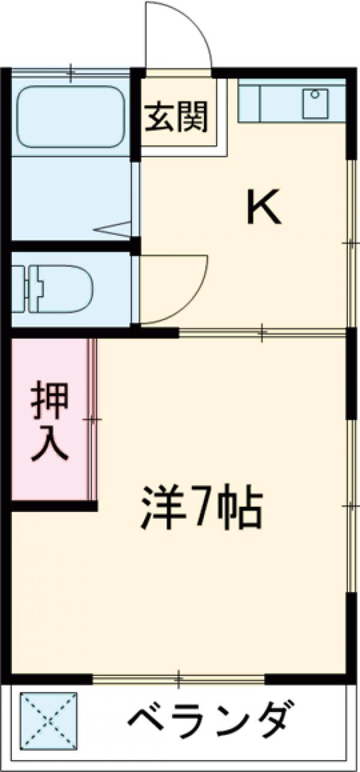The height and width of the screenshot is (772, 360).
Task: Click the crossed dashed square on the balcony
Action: click(x=49, y=719)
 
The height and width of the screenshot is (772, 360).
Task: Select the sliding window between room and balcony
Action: click(x=179, y=680)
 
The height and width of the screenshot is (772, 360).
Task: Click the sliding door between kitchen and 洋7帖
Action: click(x=262, y=332)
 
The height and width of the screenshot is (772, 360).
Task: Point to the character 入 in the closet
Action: click(x=49, y=444)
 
